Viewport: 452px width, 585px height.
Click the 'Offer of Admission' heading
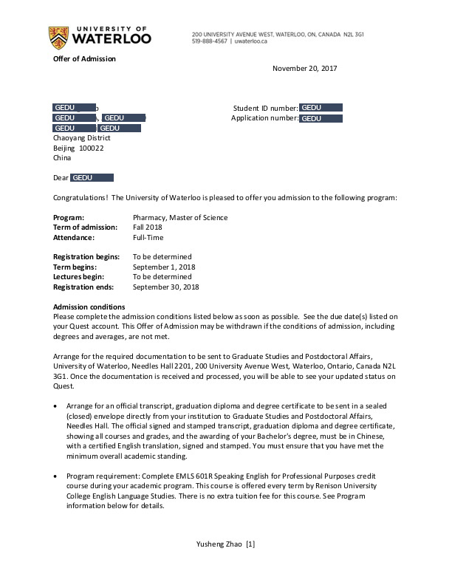click(x=84, y=59)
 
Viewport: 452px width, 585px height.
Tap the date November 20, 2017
click(x=304, y=69)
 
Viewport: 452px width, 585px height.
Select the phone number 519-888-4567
click(x=210, y=42)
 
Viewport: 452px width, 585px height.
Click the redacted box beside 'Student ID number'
click(x=321, y=108)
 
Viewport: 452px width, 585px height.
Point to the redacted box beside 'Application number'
click(x=321, y=118)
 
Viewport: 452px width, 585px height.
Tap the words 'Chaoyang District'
click(x=82, y=137)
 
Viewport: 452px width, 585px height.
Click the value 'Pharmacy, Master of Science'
click(x=180, y=218)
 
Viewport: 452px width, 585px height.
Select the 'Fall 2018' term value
click(x=148, y=227)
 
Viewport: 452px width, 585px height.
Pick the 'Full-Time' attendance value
click(x=148, y=238)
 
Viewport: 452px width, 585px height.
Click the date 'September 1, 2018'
click(x=165, y=267)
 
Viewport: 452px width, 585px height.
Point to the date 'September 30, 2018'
click(x=166, y=287)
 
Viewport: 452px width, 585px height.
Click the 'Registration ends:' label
click(x=85, y=287)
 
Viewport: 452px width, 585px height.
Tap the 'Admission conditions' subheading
click(x=89, y=307)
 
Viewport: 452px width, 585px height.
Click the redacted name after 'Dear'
click(x=92, y=178)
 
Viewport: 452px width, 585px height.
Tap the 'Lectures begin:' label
click(x=80, y=277)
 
